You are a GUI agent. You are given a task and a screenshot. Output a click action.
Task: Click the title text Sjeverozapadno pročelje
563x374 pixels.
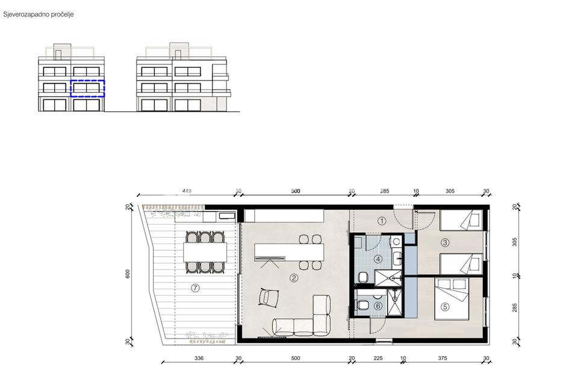coord(39,14)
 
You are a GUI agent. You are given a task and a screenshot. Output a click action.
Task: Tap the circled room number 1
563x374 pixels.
coord(382,221)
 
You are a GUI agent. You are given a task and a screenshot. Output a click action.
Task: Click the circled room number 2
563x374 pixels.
coord(294,278)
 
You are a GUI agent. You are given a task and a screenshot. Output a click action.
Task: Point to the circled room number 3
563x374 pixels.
coord(445,243)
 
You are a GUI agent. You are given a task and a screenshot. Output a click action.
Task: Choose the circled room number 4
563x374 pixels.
coord(378,259)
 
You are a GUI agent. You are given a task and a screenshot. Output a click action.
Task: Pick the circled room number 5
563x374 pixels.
coord(445,307)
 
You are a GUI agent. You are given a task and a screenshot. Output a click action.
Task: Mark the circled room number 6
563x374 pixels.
coord(378,306)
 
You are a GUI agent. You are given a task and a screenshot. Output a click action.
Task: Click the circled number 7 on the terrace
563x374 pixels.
coord(195,288)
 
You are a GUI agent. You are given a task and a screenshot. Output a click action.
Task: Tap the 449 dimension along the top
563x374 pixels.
coord(187,191)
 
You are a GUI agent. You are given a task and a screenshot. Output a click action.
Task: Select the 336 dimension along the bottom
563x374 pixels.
coord(199,358)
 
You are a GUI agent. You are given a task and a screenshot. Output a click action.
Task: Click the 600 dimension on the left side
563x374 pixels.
coord(128,274)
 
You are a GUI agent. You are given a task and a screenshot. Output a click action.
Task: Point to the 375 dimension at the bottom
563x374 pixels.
coord(443,358)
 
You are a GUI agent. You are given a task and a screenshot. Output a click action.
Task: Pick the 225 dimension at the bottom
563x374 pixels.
coord(378,358)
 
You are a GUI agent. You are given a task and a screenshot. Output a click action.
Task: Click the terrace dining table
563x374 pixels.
coord(205,253)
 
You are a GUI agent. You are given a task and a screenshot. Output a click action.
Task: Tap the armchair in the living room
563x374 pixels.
coord(268,297)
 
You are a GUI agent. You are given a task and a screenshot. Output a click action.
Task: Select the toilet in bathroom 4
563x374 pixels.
coord(363,278)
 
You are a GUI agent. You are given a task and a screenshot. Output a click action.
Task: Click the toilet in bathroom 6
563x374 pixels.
coord(362,305)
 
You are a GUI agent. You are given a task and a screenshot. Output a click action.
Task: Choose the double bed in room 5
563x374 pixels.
coord(452,298)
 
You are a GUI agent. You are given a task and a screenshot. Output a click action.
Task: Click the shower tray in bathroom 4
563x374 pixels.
coord(388,278)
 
